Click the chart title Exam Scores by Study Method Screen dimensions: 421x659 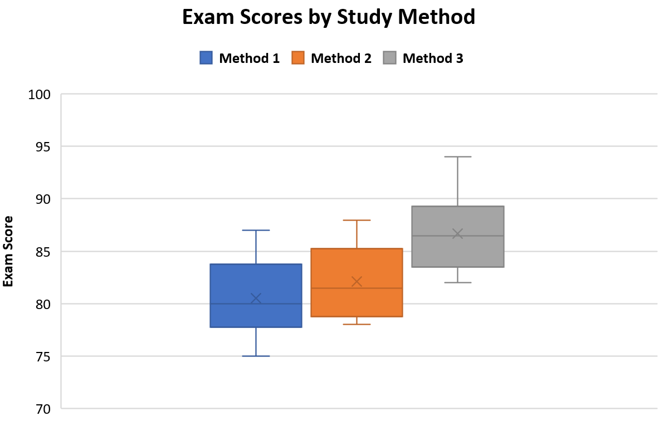pos(329,17)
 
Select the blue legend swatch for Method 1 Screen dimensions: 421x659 pos(206,58)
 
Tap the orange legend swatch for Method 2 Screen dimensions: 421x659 pos(298,58)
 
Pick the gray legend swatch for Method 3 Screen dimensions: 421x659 pos(389,58)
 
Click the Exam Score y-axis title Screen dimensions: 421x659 pos(8,251)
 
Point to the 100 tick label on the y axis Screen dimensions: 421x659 pos(40,94)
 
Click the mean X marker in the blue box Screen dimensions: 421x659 pos(256,298)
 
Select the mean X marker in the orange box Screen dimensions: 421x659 pos(357,282)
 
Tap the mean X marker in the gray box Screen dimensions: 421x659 pos(458,234)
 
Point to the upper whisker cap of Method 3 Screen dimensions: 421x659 pos(458,157)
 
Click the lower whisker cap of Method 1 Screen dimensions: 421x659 pos(256,356)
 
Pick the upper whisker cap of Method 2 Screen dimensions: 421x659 pos(357,221)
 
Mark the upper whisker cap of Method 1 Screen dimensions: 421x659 pos(256,230)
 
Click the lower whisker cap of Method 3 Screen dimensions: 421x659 pos(458,282)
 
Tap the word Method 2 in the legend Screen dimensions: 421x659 pos(341,58)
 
